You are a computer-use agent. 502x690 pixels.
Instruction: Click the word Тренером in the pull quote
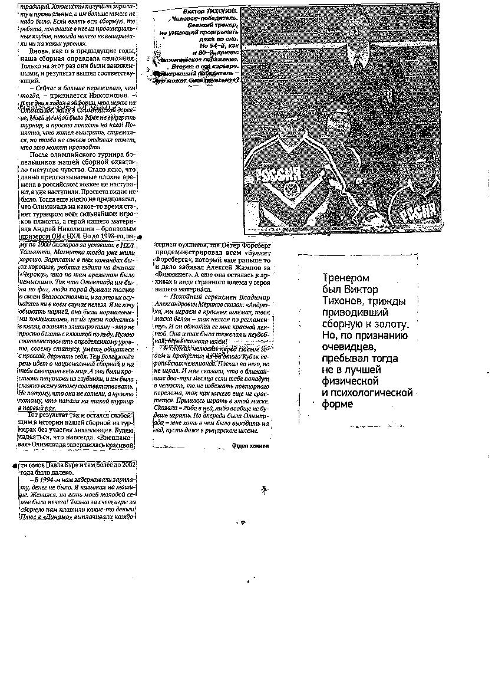(345, 278)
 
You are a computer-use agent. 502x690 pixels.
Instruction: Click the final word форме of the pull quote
(338, 404)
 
